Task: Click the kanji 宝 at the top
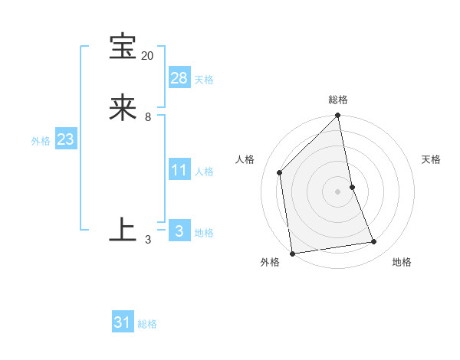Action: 123,47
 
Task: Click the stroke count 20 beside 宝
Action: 147,56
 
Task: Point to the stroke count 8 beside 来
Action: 147,117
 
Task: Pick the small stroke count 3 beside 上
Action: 147,240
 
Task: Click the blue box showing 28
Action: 179,77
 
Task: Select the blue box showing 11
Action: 179,169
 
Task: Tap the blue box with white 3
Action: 179,231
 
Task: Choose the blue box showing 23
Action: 65,139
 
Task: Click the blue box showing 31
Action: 123,322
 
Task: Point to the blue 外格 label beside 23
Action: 41,141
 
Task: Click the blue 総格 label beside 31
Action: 147,324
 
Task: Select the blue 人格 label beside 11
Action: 204,172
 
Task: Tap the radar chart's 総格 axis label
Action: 338,100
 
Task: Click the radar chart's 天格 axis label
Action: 431,159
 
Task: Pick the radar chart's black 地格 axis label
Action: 402,262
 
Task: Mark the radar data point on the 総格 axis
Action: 338,116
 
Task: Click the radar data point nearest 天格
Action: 353,186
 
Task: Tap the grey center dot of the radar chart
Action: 338,191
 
